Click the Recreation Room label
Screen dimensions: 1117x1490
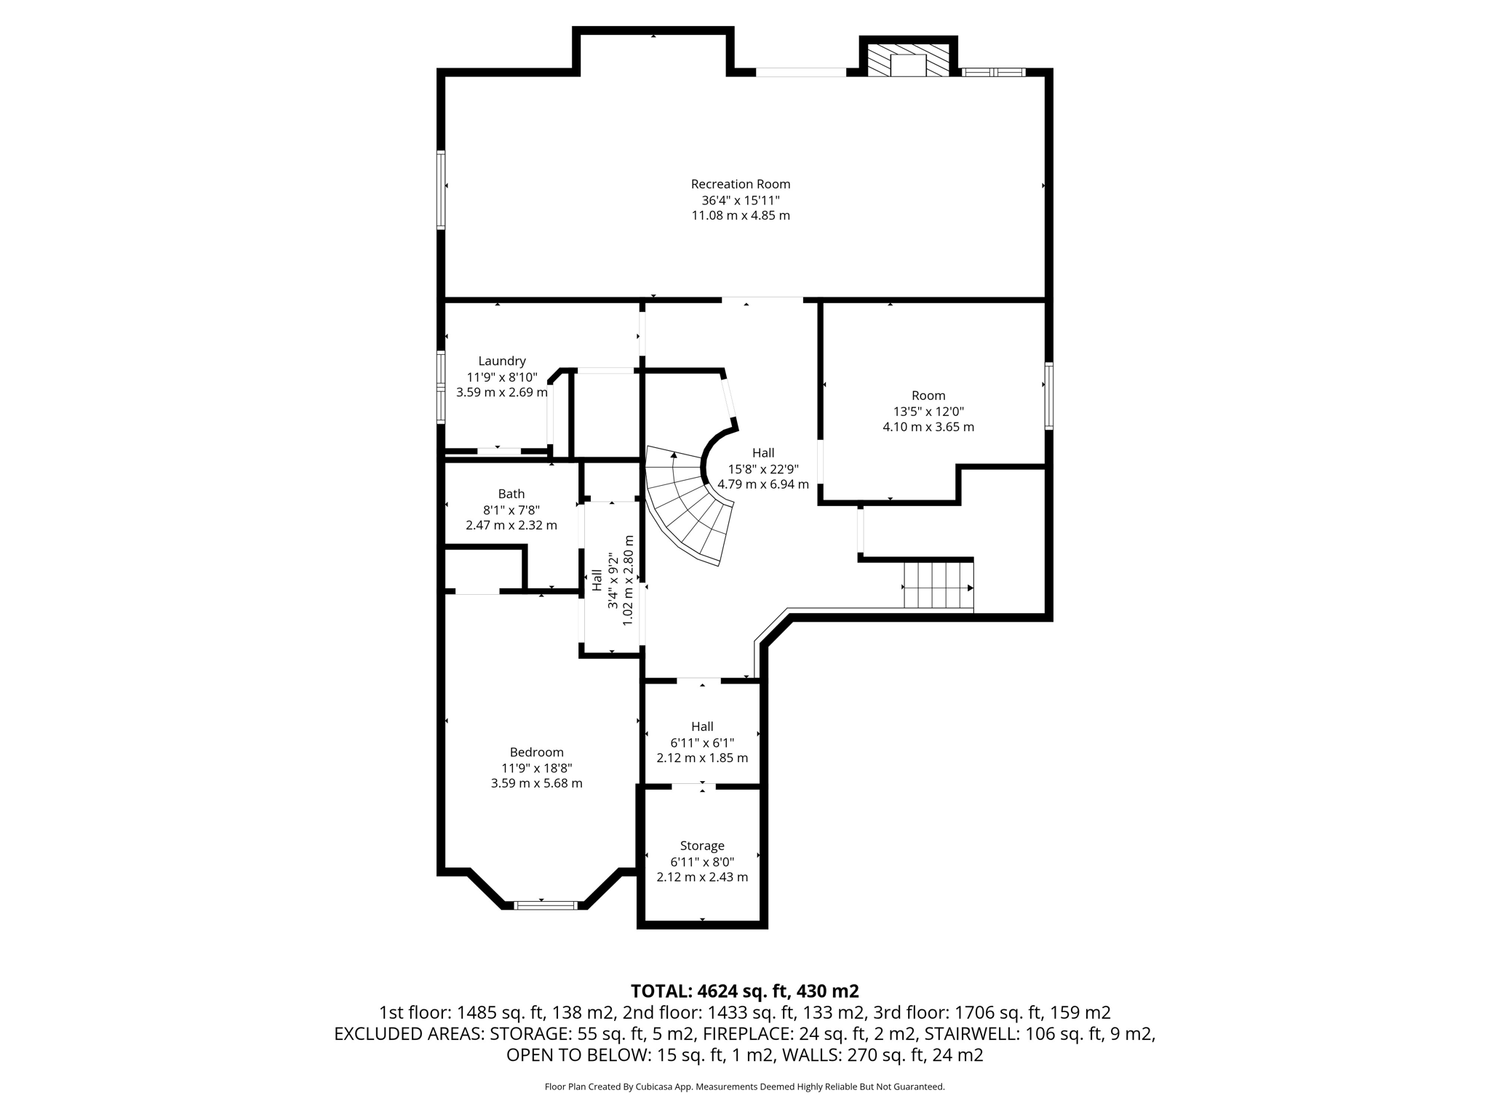740,184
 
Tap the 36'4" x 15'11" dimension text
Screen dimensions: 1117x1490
740,200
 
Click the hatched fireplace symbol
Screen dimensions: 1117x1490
909,60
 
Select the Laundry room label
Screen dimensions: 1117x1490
501,361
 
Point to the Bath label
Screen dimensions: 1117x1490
511,494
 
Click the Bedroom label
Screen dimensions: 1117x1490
536,752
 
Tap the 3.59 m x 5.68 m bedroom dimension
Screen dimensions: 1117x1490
536,783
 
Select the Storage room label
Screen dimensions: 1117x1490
701,846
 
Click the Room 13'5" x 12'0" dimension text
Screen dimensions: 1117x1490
928,411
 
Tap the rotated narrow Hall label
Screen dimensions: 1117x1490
597,580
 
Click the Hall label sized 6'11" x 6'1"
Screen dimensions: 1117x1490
701,726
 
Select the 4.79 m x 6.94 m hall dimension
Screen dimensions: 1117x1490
762,484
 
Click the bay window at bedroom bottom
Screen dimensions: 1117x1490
546,905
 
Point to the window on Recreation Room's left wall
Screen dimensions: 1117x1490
441,189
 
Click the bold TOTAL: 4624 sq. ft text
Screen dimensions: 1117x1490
744,991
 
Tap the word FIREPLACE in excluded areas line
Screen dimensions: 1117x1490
750,1033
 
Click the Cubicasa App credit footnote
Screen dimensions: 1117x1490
744,1087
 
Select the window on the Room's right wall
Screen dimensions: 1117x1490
1048,396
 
